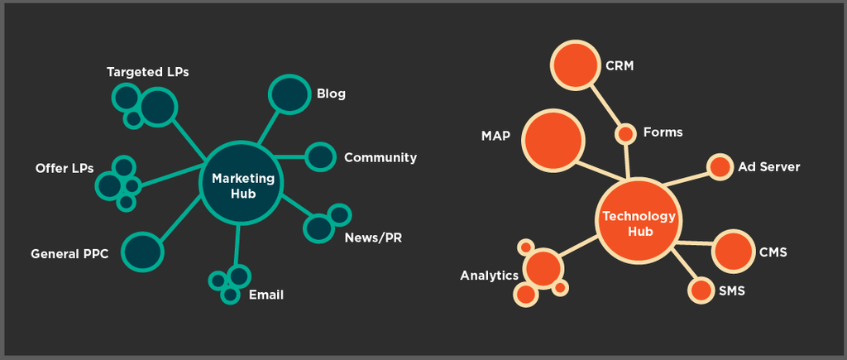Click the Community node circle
click(x=320, y=156)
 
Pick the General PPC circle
click(x=142, y=252)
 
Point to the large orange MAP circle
click(x=552, y=139)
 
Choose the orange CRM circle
click(x=575, y=65)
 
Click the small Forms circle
click(x=626, y=133)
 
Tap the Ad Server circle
click(x=720, y=167)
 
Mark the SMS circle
click(x=701, y=290)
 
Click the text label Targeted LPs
click(x=148, y=72)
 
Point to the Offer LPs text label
click(x=65, y=168)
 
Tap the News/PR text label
click(x=373, y=238)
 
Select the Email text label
click(x=266, y=295)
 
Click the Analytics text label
click(x=489, y=276)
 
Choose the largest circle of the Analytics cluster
click(x=543, y=267)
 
